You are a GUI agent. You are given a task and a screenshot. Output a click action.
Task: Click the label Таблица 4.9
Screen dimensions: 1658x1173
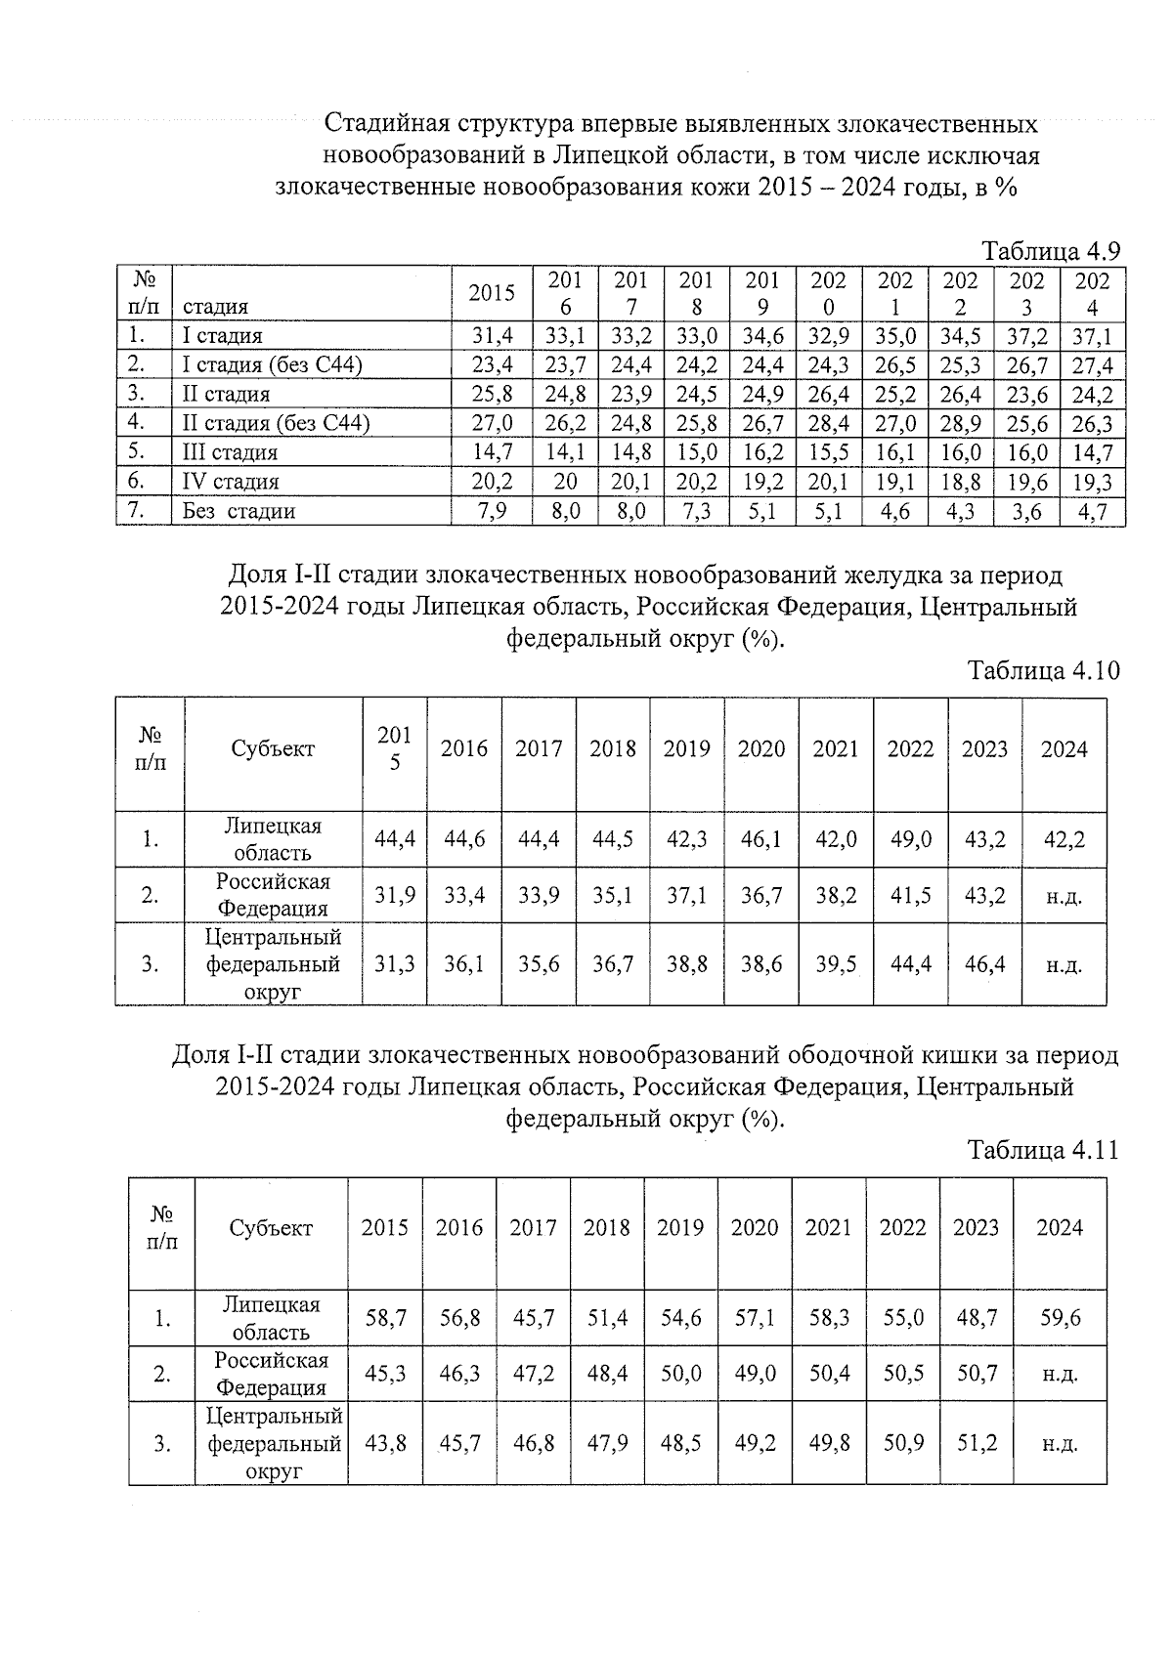(1051, 251)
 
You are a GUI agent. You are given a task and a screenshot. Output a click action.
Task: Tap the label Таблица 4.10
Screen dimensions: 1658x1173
(1043, 671)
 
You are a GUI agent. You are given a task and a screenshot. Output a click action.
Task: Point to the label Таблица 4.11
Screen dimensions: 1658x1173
(1043, 1150)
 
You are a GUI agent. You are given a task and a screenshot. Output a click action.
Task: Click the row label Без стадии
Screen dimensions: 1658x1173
(239, 511)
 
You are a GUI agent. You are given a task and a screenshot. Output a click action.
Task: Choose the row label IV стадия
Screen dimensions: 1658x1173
(231, 482)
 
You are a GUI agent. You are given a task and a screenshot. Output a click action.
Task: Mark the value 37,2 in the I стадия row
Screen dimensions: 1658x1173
(1026, 337)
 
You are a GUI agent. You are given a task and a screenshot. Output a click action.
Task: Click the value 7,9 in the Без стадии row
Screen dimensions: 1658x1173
(492, 511)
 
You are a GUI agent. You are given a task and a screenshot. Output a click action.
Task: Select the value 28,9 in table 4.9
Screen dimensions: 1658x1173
(960, 424)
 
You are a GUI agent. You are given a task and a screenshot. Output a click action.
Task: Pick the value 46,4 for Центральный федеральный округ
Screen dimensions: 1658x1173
(984, 964)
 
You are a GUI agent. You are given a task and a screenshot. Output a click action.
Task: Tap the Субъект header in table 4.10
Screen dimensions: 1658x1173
(273, 749)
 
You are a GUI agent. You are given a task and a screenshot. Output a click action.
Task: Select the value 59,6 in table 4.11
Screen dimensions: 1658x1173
(1060, 1318)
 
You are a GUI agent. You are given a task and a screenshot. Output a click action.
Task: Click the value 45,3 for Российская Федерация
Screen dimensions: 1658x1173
(385, 1374)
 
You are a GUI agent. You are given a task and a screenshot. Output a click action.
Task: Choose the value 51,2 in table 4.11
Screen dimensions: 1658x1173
(977, 1443)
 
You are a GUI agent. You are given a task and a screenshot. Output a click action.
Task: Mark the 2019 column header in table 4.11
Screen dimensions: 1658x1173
(680, 1228)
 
